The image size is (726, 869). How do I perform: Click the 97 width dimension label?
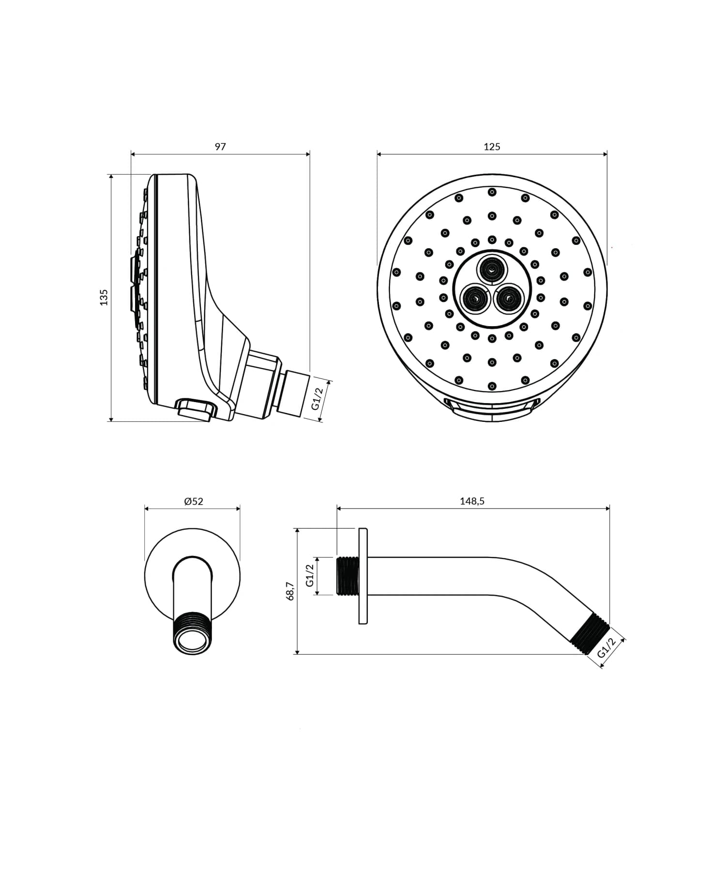[x=220, y=147]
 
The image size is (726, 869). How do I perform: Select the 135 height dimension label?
[x=104, y=297]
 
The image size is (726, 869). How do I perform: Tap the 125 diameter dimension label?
[x=492, y=147]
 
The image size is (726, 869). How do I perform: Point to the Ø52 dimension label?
[x=194, y=501]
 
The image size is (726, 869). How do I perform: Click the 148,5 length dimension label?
[x=472, y=501]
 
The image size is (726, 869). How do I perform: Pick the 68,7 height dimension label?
[x=290, y=591]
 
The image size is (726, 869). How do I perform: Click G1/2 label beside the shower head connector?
[x=317, y=399]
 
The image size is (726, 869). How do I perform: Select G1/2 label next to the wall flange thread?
[x=310, y=575]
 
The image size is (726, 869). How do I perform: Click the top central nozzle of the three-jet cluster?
[x=492, y=269]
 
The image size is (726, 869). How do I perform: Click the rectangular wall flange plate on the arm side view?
[x=363, y=576]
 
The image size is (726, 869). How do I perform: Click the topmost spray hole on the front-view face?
[x=492, y=192]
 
